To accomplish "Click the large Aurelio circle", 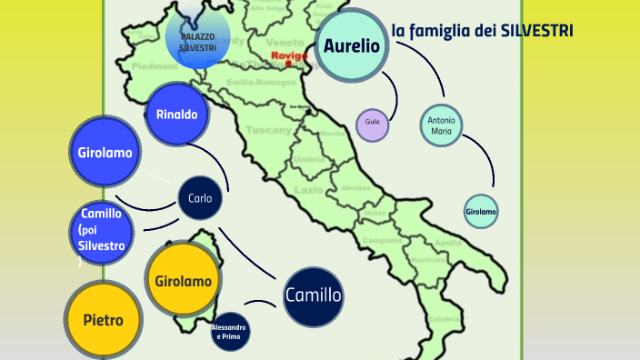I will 352,45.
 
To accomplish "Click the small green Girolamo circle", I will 481,212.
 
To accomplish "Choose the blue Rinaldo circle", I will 176,115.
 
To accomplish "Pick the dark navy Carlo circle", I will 200,197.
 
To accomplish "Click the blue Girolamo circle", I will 105,153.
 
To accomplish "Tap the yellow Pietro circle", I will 103,319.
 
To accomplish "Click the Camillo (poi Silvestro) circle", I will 102,233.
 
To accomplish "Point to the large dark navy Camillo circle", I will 313,295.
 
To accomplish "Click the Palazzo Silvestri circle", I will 197,40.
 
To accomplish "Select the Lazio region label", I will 309,190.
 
